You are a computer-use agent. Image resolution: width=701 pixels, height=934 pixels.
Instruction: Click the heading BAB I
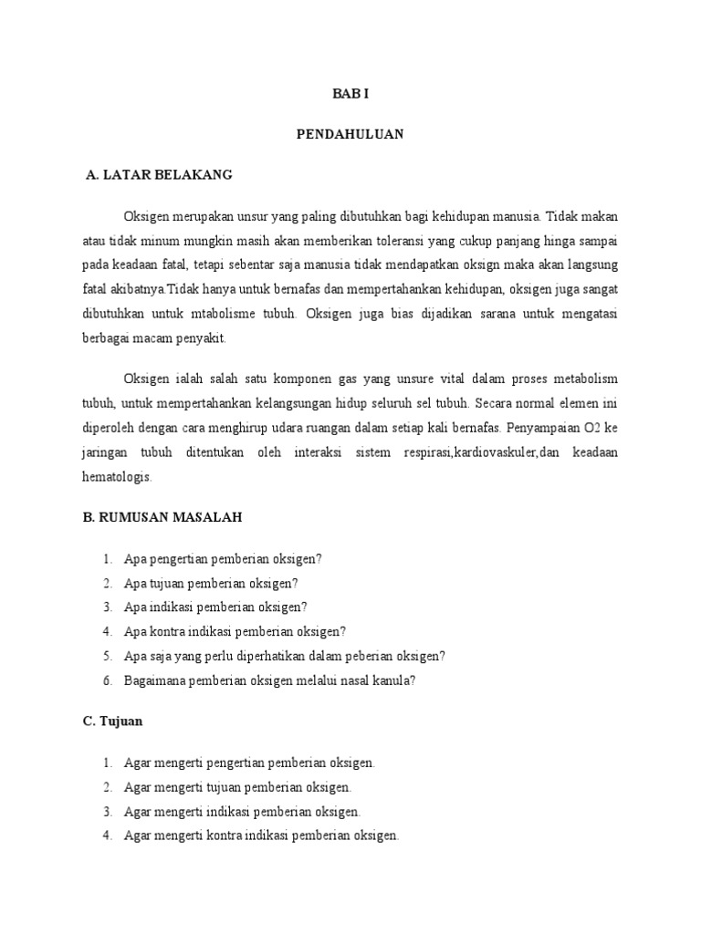(350, 94)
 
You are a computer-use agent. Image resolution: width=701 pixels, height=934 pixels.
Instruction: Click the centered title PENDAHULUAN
(350, 134)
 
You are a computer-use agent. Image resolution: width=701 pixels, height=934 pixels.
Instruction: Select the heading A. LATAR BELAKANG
(158, 174)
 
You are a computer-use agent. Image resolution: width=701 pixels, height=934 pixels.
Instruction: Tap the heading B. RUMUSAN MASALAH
(162, 516)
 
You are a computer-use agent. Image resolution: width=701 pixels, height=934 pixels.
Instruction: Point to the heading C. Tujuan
(112, 721)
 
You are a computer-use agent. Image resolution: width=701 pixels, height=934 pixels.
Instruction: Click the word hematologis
(117, 476)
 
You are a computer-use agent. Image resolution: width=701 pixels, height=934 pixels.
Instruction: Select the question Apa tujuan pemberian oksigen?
(211, 583)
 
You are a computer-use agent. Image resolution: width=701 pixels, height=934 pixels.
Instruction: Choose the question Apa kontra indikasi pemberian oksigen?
(235, 631)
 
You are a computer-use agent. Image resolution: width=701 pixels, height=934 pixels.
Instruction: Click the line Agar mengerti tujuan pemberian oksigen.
(237, 786)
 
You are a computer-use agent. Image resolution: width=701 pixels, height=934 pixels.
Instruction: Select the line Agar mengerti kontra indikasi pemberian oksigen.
(261, 835)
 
